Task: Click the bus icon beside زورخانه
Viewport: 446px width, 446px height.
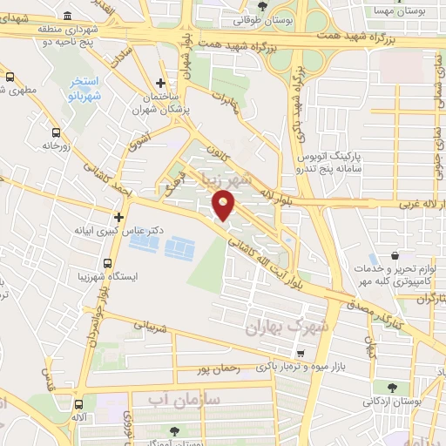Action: [57, 132]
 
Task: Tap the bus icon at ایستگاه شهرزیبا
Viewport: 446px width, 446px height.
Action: [108, 262]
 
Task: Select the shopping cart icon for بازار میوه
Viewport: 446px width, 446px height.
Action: [300, 353]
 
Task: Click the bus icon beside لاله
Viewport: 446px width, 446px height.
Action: [80, 404]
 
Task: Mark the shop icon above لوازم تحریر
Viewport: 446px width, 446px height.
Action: [396, 258]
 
